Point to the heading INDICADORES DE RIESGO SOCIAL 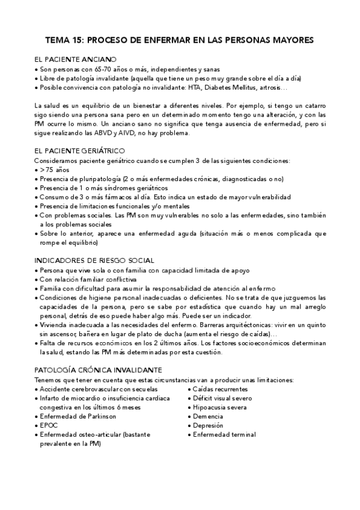point(94,261)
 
